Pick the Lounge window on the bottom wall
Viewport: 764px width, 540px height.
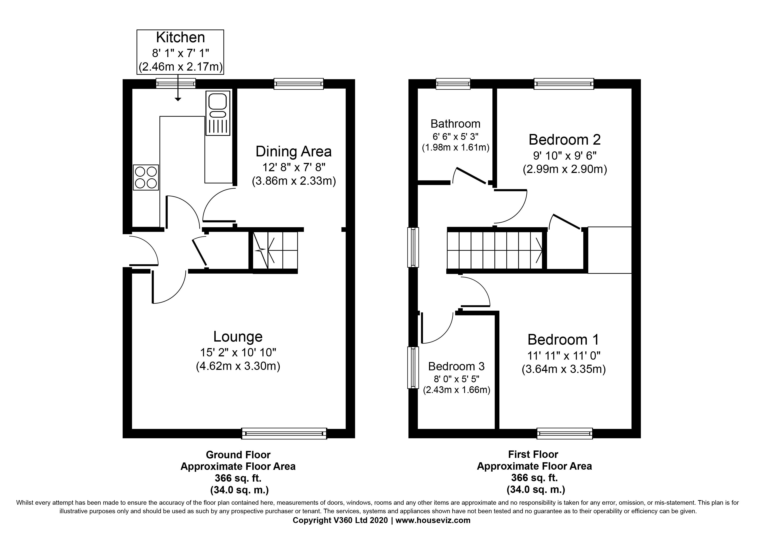pyautogui.click(x=284, y=433)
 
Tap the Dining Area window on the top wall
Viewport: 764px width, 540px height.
pyautogui.click(x=299, y=84)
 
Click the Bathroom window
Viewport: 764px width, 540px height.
pyautogui.click(x=453, y=84)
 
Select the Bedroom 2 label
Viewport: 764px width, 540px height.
pyautogui.click(x=565, y=140)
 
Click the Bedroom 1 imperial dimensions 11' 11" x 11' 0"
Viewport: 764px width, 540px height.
pyautogui.click(x=564, y=356)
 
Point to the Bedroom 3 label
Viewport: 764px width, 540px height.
pyautogui.click(x=456, y=366)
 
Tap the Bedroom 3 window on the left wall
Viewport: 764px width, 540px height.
pyautogui.click(x=413, y=368)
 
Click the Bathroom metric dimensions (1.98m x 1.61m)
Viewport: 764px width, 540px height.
pyautogui.click(x=456, y=147)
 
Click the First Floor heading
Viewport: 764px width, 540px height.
pyautogui.click(x=533, y=454)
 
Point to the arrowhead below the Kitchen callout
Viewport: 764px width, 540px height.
pyautogui.click(x=178, y=99)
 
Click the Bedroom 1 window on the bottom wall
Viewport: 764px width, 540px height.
pyautogui.click(x=565, y=433)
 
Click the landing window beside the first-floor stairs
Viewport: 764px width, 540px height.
pyautogui.click(x=413, y=247)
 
